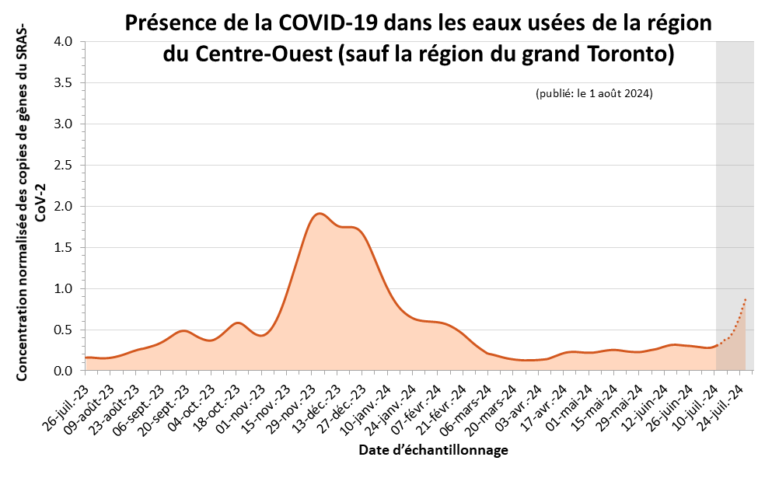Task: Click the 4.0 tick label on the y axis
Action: click(x=63, y=42)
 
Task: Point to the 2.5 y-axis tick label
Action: click(x=63, y=166)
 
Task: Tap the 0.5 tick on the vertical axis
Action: click(x=63, y=330)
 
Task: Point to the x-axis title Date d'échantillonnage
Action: click(x=434, y=451)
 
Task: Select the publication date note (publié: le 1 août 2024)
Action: click(x=594, y=93)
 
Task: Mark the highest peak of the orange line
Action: click(x=319, y=213)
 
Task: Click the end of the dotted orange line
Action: click(x=746, y=298)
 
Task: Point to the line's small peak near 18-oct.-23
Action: click(x=238, y=323)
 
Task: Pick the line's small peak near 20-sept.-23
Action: click(x=183, y=330)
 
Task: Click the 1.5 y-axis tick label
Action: click(x=63, y=248)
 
